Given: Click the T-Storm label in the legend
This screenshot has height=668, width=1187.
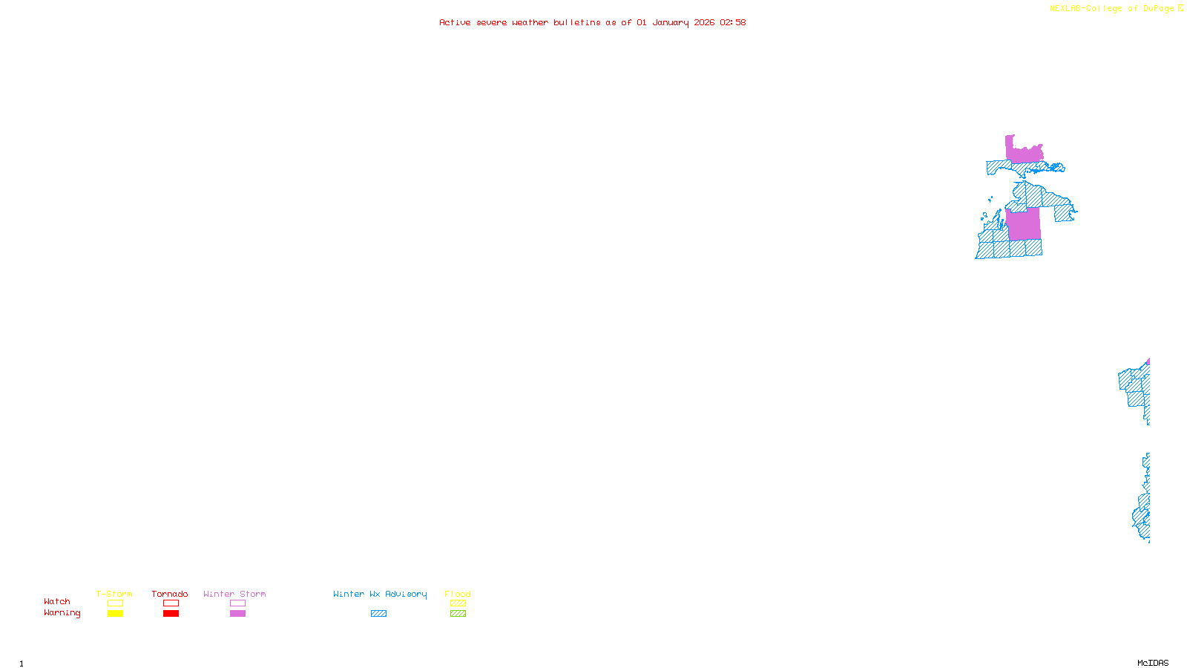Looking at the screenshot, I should (114, 594).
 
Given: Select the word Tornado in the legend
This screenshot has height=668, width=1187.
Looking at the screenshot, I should (170, 594).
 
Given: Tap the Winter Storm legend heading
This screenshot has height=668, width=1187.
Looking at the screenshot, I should (234, 594).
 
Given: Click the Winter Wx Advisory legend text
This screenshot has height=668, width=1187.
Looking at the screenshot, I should (380, 594).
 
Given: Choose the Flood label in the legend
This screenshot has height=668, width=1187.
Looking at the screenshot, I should (458, 594).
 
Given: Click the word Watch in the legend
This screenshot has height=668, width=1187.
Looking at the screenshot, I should (57, 601).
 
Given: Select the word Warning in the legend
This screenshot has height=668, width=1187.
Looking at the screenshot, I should (62, 613).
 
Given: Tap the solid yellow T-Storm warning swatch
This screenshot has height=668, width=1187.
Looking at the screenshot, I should (115, 614).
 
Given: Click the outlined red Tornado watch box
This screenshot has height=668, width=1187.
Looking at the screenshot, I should (171, 603).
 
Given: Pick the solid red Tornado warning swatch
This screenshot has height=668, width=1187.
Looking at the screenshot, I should (171, 614).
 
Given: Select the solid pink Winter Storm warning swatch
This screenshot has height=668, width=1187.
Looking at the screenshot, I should (237, 614).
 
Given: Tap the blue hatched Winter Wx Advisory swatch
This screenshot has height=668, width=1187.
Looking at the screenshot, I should (378, 614).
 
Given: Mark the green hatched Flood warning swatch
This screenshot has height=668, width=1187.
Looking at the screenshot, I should (458, 614).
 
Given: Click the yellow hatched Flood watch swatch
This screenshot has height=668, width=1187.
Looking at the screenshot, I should (458, 603).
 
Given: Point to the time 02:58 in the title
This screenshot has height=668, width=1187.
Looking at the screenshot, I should (732, 22).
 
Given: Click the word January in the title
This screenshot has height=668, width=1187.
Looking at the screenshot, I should (671, 22).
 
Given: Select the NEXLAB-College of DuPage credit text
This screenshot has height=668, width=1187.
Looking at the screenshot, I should (1112, 9).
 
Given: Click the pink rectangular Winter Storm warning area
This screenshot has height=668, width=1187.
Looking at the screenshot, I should (1024, 224).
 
